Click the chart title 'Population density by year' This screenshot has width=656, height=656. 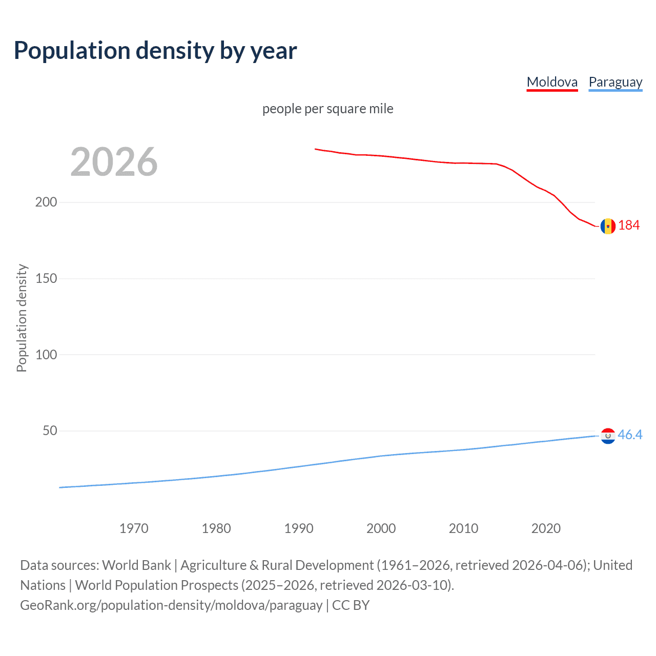point(155,51)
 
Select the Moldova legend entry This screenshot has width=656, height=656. point(552,82)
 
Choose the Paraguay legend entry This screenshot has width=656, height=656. point(615,82)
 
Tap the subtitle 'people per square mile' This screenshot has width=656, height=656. point(327,109)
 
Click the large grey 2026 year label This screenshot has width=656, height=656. point(114,162)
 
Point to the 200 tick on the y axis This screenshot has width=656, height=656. point(46,202)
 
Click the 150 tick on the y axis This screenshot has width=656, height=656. point(46,278)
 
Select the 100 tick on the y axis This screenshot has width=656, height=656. point(46,355)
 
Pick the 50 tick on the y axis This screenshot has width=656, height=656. point(50,430)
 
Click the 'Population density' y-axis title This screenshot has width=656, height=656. point(22,318)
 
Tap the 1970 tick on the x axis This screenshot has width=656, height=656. point(134,528)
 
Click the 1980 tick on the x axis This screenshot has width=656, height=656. point(216,528)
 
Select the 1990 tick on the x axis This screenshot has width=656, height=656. point(299,528)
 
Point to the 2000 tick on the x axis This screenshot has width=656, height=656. point(381,528)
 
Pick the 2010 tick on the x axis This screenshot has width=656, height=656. point(463,528)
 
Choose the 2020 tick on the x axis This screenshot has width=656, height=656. point(546,528)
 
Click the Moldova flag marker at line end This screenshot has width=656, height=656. point(608,226)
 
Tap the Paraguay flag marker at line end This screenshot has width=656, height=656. point(608,436)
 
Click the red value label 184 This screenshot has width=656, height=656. point(629,225)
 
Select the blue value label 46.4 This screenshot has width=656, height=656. point(630,435)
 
